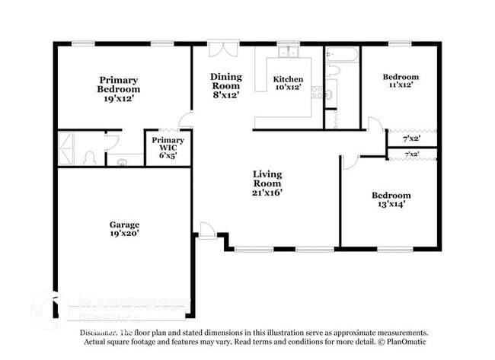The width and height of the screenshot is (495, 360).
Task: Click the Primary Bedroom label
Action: tap(118, 89)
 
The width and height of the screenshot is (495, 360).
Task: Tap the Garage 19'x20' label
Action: tap(123, 229)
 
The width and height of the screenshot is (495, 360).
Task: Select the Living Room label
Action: tap(267, 183)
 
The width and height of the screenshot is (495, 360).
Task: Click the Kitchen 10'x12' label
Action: tap(288, 83)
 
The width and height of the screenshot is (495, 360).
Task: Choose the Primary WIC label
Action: tap(167, 148)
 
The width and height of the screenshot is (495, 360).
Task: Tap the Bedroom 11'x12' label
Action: tap(400, 82)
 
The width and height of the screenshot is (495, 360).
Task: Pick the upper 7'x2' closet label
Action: tap(410, 139)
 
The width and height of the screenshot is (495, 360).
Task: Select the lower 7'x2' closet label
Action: tap(411, 155)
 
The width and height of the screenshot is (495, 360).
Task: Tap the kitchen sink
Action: tap(288, 53)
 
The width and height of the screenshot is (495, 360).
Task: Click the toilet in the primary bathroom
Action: tap(89, 158)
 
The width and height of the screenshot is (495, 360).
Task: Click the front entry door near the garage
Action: tap(206, 231)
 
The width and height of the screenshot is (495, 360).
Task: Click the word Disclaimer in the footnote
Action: tap(97, 333)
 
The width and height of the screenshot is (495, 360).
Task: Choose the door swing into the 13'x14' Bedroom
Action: tap(350, 162)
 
